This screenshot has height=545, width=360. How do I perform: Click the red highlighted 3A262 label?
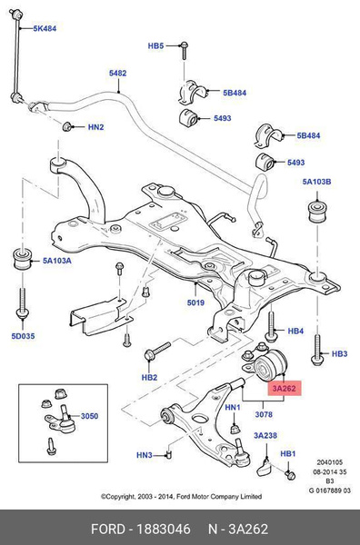[x=284, y=388]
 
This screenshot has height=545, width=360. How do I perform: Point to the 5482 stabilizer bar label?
[x=118, y=72]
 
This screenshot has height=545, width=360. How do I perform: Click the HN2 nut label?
[x=95, y=128]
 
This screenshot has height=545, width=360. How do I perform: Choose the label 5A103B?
[x=317, y=182]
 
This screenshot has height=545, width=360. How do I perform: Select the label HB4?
[x=295, y=332]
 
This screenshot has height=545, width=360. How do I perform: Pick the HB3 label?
[x=339, y=353]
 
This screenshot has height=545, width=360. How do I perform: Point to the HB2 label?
[x=148, y=376]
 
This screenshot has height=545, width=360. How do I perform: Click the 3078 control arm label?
[x=263, y=414]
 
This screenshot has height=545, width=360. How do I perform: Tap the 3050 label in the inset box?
[x=89, y=417]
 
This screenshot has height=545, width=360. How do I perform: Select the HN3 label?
[x=145, y=455]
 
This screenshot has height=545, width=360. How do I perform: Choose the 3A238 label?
[x=265, y=436]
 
